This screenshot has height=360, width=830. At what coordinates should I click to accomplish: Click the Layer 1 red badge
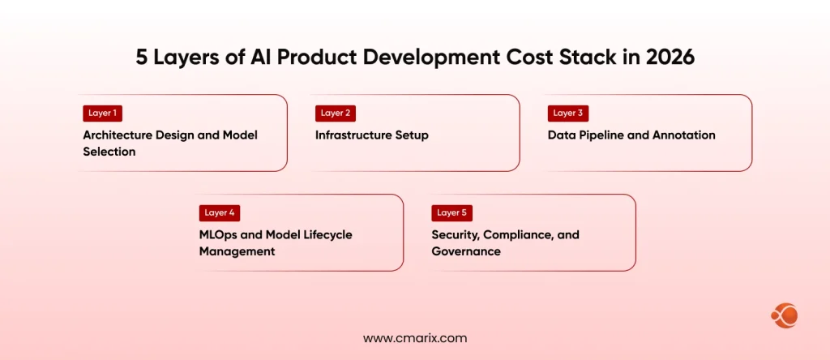102,114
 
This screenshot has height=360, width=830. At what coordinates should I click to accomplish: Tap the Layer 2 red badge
335,114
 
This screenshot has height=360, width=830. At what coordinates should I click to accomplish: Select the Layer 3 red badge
567,114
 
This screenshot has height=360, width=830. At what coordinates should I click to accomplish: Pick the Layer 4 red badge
219,213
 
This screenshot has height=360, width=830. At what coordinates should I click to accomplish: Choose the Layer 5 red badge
451,213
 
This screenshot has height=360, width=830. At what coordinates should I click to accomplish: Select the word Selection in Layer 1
109,152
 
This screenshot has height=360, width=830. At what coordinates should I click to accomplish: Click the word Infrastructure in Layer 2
353,135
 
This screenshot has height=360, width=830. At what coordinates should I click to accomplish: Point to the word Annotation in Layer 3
682,135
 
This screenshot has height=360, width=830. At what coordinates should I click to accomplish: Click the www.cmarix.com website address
414,338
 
